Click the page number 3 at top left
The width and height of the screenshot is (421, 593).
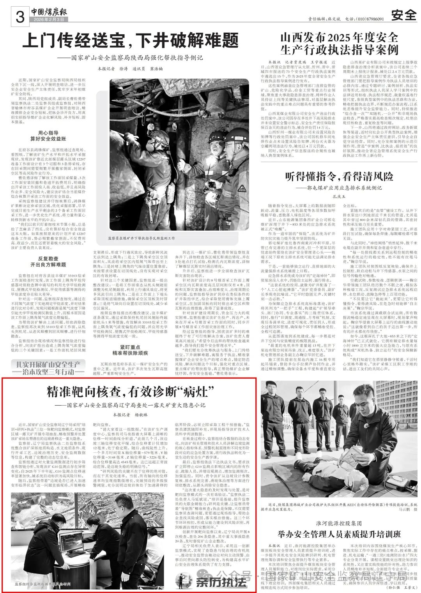[20, 16]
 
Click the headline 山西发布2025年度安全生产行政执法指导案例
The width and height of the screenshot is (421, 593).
[339, 44]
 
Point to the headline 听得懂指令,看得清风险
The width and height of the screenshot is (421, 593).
[339, 176]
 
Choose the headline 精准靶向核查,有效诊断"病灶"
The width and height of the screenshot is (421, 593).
[131, 391]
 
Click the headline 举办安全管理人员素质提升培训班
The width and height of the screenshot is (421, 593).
[339, 534]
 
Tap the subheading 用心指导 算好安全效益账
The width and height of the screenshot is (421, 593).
[48, 136]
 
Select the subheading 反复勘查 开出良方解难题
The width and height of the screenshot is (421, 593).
[48, 261]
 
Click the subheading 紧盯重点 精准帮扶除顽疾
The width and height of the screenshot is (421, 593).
[130, 353]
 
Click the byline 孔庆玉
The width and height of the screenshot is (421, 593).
[339, 196]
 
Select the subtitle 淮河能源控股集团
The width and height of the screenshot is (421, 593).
[339, 523]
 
